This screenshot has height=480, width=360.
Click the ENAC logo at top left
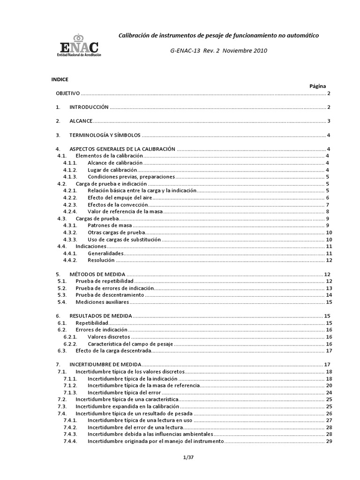point(80,45)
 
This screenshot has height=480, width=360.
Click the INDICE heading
point(60,79)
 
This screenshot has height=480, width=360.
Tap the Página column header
point(317,86)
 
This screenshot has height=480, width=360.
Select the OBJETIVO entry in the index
point(68,93)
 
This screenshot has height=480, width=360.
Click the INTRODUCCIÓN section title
point(89,107)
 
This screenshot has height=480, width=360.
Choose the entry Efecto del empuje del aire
point(116,197)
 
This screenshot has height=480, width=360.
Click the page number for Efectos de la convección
point(329,204)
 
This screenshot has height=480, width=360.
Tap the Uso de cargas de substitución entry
point(124,239)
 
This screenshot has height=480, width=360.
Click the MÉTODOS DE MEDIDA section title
point(97,274)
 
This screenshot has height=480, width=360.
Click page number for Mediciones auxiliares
point(329,302)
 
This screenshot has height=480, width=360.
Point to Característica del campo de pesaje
point(130,344)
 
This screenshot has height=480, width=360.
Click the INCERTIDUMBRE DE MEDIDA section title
point(105,364)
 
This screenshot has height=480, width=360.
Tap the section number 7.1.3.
point(70,392)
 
